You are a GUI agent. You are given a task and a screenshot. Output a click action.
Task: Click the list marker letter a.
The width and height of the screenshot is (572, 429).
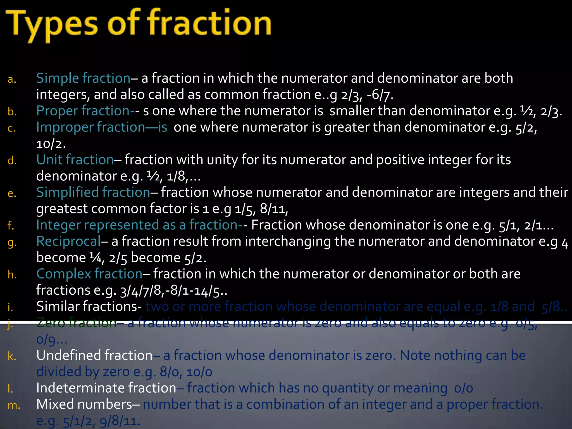(12, 80)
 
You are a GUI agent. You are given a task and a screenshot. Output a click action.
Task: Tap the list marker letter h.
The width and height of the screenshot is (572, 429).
(12, 275)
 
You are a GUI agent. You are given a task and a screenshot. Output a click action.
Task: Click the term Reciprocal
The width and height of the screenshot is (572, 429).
(68, 241)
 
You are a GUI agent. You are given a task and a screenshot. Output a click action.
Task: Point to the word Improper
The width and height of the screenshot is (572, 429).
(65, 127)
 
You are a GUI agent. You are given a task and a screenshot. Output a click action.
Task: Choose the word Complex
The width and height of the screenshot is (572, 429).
(64, 274)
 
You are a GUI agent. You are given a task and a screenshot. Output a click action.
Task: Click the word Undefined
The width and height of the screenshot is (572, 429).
(70, 356)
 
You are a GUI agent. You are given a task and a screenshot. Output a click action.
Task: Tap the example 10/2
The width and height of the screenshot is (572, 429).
(51, 144)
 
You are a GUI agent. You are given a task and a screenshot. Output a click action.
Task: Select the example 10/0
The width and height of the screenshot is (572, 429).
(199, 372)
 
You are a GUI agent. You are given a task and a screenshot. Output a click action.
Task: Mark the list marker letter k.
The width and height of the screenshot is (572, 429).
(12, 356)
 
